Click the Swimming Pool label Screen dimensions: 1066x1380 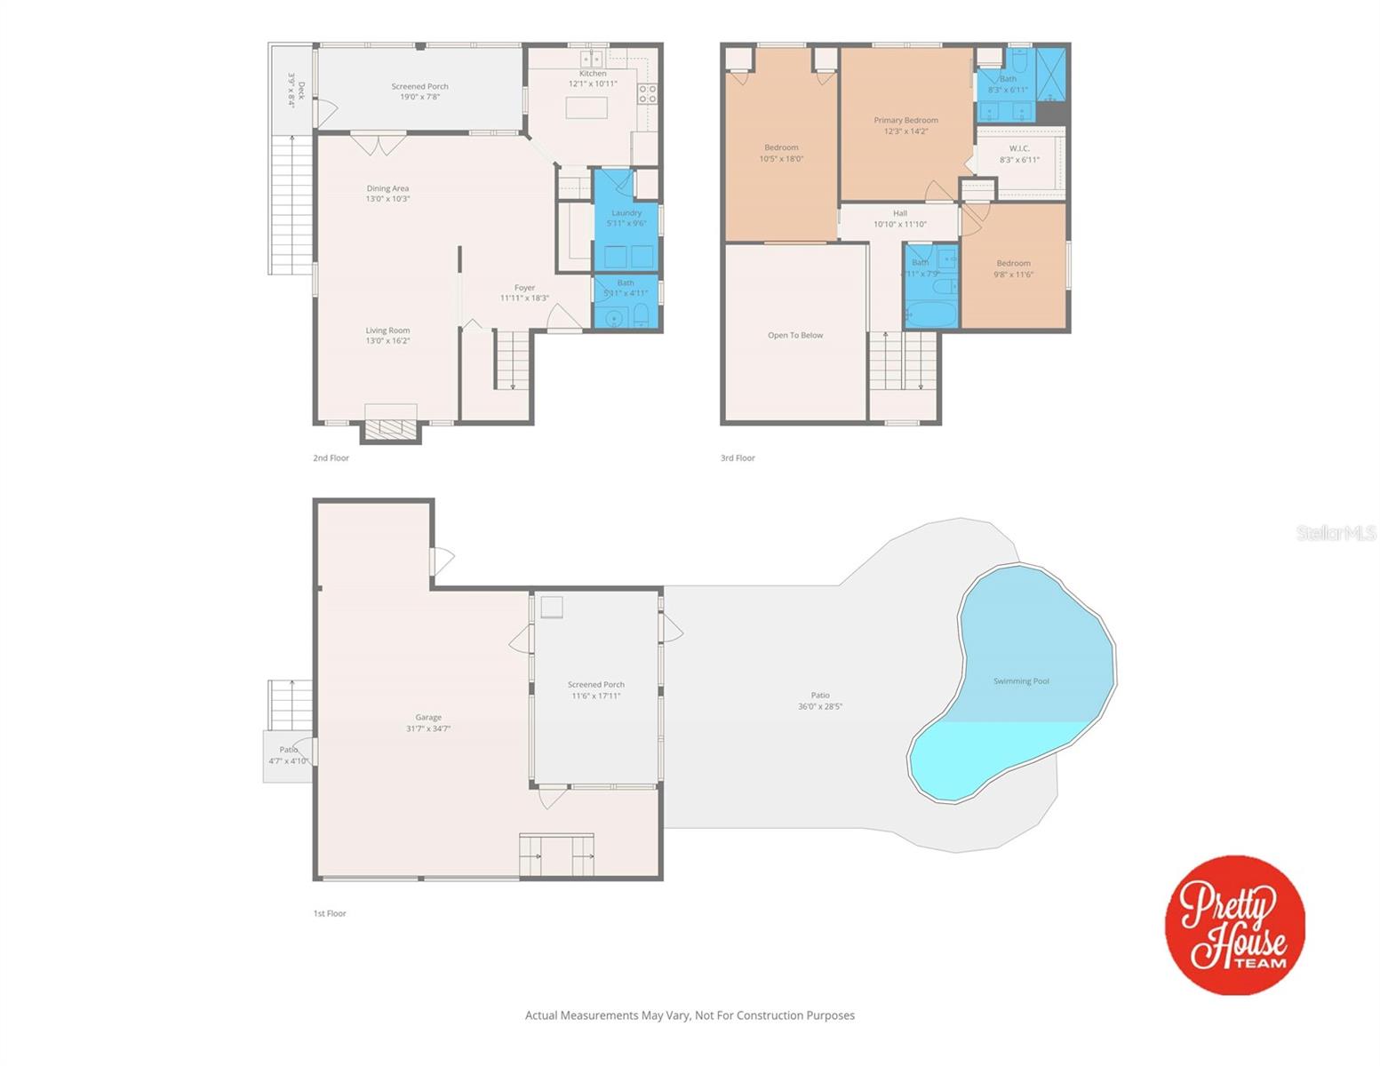[x=1021, y=681]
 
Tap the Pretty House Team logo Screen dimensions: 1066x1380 [x=1234, y=925]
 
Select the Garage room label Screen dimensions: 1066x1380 [x=428, y=718]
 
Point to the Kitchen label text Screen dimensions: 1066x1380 [x=593, y=74]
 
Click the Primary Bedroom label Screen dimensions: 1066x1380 [x=905, y=121]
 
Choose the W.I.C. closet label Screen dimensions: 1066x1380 [x=1019, y=149]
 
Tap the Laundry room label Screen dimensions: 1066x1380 [x=626, y=213]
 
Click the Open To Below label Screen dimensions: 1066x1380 [x=795, y=336]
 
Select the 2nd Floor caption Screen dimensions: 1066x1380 [x=331, y=458]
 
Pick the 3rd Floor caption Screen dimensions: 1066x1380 [x=738, y=458]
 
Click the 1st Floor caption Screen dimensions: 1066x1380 [x=330, y=913]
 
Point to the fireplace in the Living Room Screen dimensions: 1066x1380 [x=391, y=428]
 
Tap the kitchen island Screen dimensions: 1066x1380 [x=587, y=107]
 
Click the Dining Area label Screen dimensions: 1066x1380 [x=387, y=188]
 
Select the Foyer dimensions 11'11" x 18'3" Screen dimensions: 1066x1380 [x=524, y=298]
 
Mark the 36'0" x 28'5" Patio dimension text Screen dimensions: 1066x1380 [x=820, y=707]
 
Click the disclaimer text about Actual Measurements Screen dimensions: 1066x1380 [x=690, y=1015]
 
